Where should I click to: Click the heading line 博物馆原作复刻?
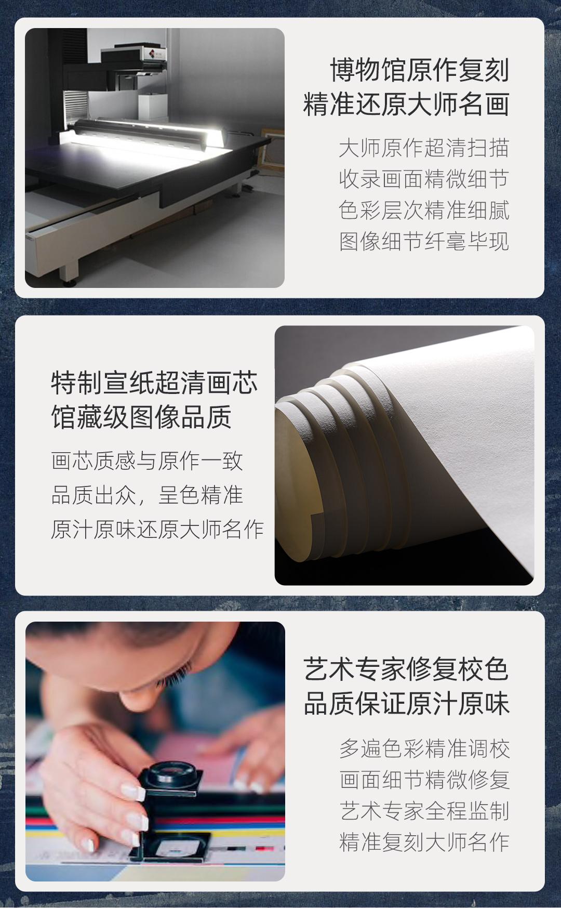click(420, 70)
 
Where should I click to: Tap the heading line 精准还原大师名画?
click(406, 104)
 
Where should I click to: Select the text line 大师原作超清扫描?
click(424, 148)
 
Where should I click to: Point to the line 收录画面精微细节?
click(424, 179)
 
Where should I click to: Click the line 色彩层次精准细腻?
click(424, 210)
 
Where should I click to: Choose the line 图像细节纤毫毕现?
click(424, 242)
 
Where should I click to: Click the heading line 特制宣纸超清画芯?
click(154, 383)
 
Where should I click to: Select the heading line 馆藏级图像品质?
click(141, 417)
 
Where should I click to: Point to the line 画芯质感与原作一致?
click(147, 461)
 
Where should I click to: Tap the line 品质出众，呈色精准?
click(147, 495)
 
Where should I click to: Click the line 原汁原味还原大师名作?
click(157, 529)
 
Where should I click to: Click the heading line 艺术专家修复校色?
click(406, 669)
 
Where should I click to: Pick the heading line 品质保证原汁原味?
click(406, 703)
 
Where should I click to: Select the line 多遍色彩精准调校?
click(424, 748)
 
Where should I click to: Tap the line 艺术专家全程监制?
click(424, 811)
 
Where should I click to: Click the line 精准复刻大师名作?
click(424, 842)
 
